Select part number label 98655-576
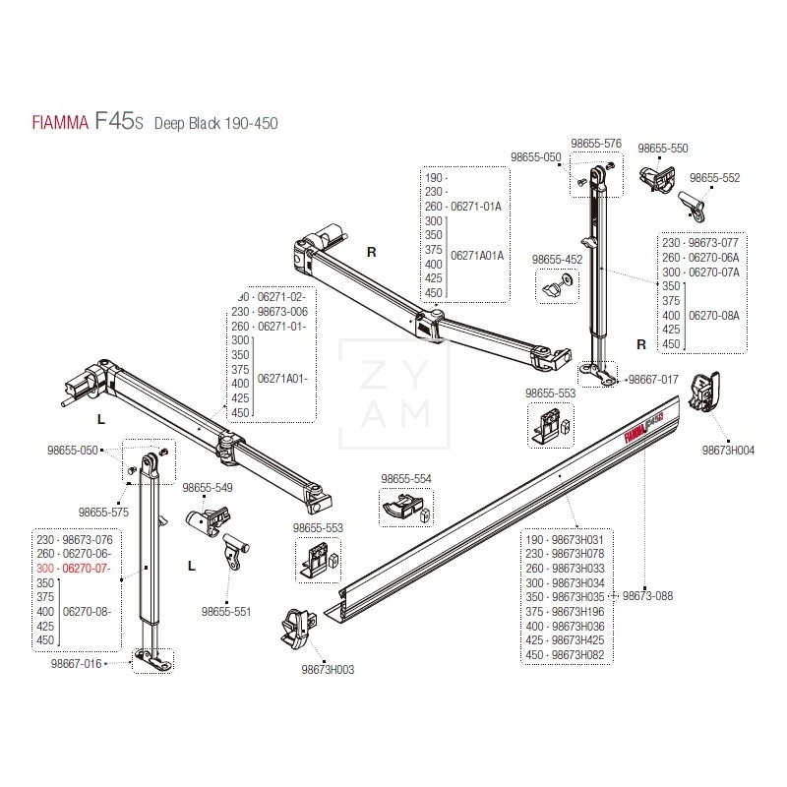click(x=598, y=143)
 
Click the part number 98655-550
click(x=662, y=149)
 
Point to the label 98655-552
click(x=714, y=178)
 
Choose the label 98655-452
click(x=557, y=260)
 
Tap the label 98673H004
click(x=728, y=450)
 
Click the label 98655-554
click(x=405, y=479)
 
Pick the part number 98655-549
click(x=208, y=488)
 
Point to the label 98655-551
click(x=226, y=611)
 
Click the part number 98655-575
click(x=103, y=513)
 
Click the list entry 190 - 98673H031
click(x=565, y=540)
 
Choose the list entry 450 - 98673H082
click(x=565, y=654)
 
